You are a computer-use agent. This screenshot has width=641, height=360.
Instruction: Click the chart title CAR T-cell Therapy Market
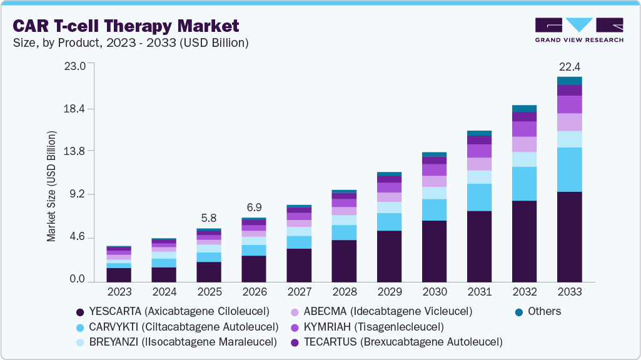tap(126, 26)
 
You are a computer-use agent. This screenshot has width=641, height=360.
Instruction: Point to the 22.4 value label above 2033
tap(569, 66)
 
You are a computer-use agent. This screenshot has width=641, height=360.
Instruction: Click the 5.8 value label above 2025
tap(208, 218)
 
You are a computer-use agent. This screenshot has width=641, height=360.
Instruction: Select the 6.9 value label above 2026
tap(253, 207)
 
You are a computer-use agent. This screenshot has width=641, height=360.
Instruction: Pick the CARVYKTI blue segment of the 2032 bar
tap(524, 184)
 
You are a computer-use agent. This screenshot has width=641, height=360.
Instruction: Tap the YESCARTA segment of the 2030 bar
tap(434, 251)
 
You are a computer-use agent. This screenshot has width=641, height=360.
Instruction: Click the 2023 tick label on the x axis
tap(119, 292)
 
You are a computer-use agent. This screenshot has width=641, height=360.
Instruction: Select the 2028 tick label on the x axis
tap(344, 292)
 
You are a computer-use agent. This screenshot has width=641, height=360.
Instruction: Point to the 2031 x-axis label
tap(479, 292)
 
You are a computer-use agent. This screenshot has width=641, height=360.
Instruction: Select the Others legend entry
tap(543, 311)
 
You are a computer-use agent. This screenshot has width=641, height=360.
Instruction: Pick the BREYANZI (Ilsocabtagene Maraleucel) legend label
tap(183, 342)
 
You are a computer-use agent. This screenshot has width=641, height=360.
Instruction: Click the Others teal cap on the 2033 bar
tap(569, 81)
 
